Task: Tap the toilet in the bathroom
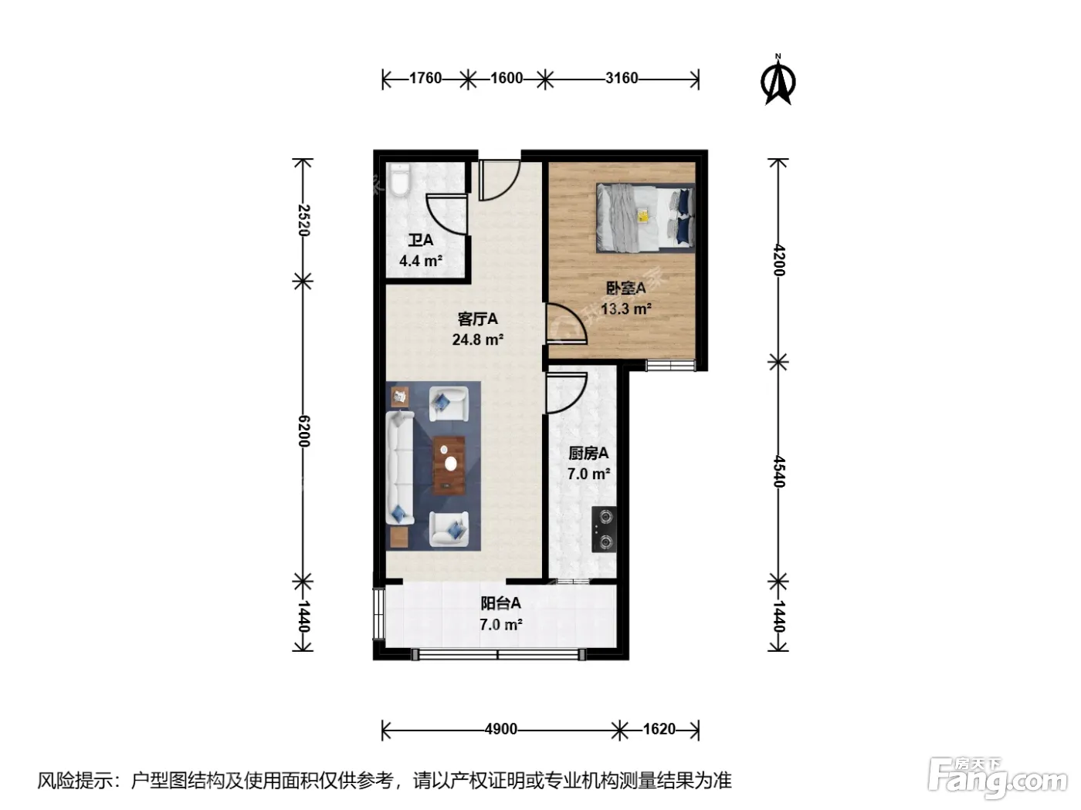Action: (x=399, y=181)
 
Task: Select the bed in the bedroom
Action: (x=646, y=218)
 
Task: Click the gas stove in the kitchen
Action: (x=604, y=529)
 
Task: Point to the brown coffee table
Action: (x=449, y=464)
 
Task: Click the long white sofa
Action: (x=400, y=467)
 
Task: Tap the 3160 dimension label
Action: (x=622, y=78)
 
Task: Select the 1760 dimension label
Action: (x=425, y=78)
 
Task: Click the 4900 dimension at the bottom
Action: (x=501, y=729)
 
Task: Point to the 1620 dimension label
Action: (x=659, y=729)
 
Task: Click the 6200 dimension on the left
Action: (x=304, y=431)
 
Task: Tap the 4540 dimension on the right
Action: (x=778, y=471)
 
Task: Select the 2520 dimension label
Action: (x=304, y=220)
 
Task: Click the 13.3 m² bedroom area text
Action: (x=626, y=309)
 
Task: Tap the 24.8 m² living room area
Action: (x=478, y=339)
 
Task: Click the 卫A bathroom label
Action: (x=421, y=240)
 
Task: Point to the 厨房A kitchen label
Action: (x=588, y=453)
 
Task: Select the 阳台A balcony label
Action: (x=501, y=603)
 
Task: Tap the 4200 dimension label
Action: (x=778, y=260)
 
